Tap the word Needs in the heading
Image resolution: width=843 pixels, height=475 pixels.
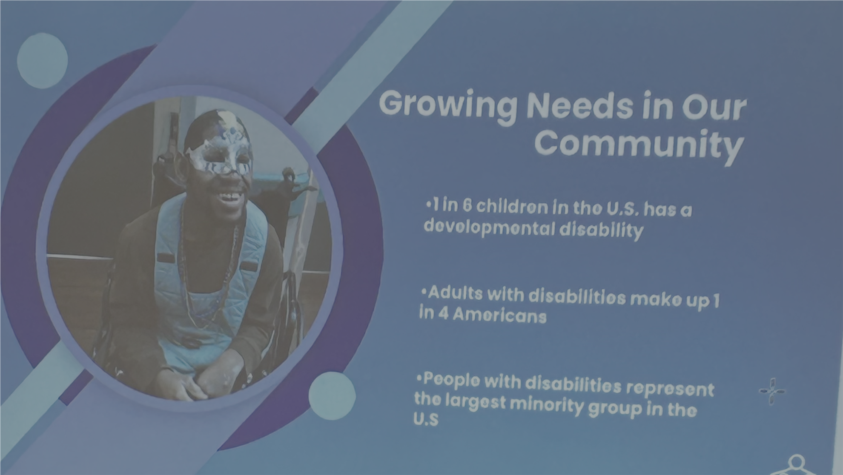tap(580, 106)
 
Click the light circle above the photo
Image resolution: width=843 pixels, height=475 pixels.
tap(42, 60)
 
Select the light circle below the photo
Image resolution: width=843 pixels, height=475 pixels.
tap(332, 395)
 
